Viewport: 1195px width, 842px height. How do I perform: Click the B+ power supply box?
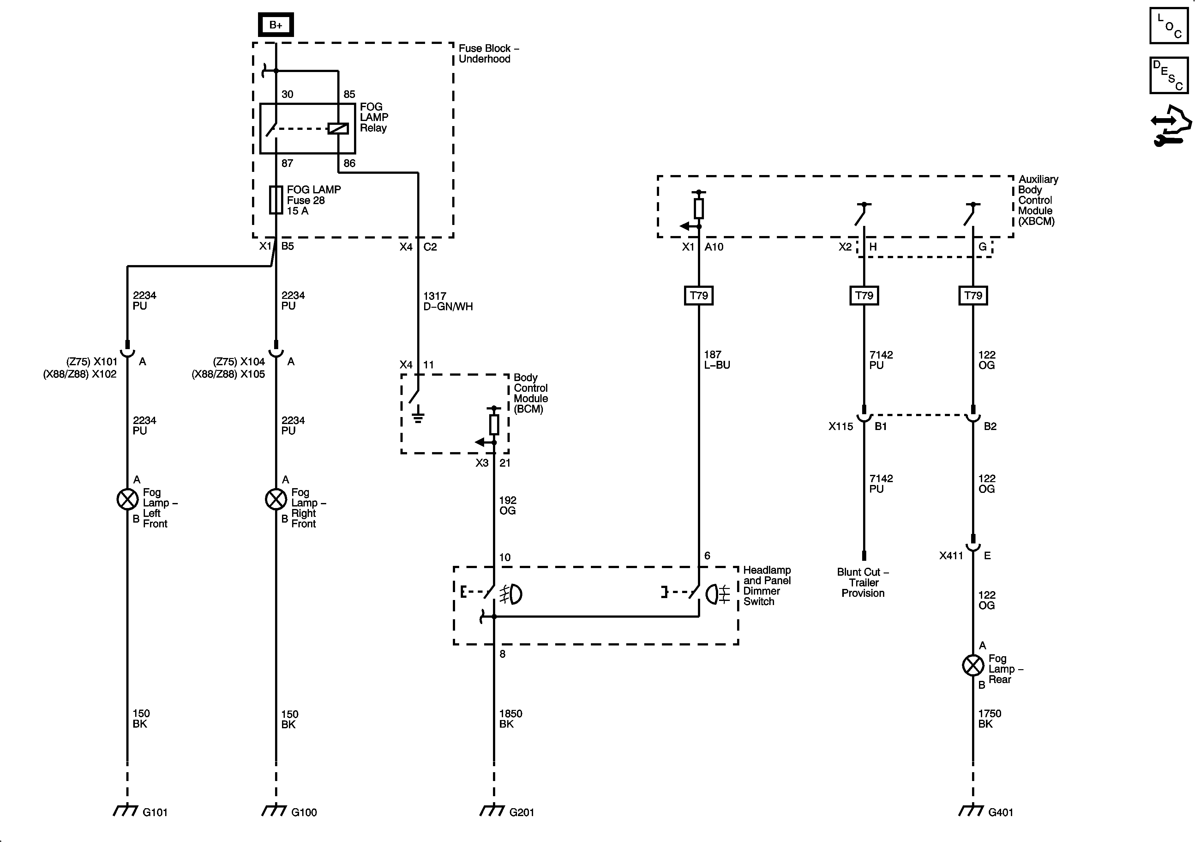pos(276,24)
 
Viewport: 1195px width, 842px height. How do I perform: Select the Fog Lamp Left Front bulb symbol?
pos(128,500)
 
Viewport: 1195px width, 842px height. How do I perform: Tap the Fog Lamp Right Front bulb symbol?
pos(276,500)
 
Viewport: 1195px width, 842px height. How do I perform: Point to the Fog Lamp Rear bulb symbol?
pos(973,665)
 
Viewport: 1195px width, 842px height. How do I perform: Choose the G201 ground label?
pos(521,812)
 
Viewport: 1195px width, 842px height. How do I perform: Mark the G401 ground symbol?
pos(971,811)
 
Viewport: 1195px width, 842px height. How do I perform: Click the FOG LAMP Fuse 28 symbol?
pos(276,200)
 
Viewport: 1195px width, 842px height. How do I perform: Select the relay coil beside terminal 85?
pos(338,128)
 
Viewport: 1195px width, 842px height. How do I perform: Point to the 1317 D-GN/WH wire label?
pos(447,301)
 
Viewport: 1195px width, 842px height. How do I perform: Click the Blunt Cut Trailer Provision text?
pos(863,583)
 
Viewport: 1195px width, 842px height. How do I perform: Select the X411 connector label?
pos(951,556)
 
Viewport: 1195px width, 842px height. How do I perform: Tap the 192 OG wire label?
pos(507,506)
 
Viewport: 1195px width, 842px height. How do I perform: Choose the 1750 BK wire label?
pos(989,718)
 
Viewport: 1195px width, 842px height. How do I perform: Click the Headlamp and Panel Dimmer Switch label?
pos(767,586)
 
